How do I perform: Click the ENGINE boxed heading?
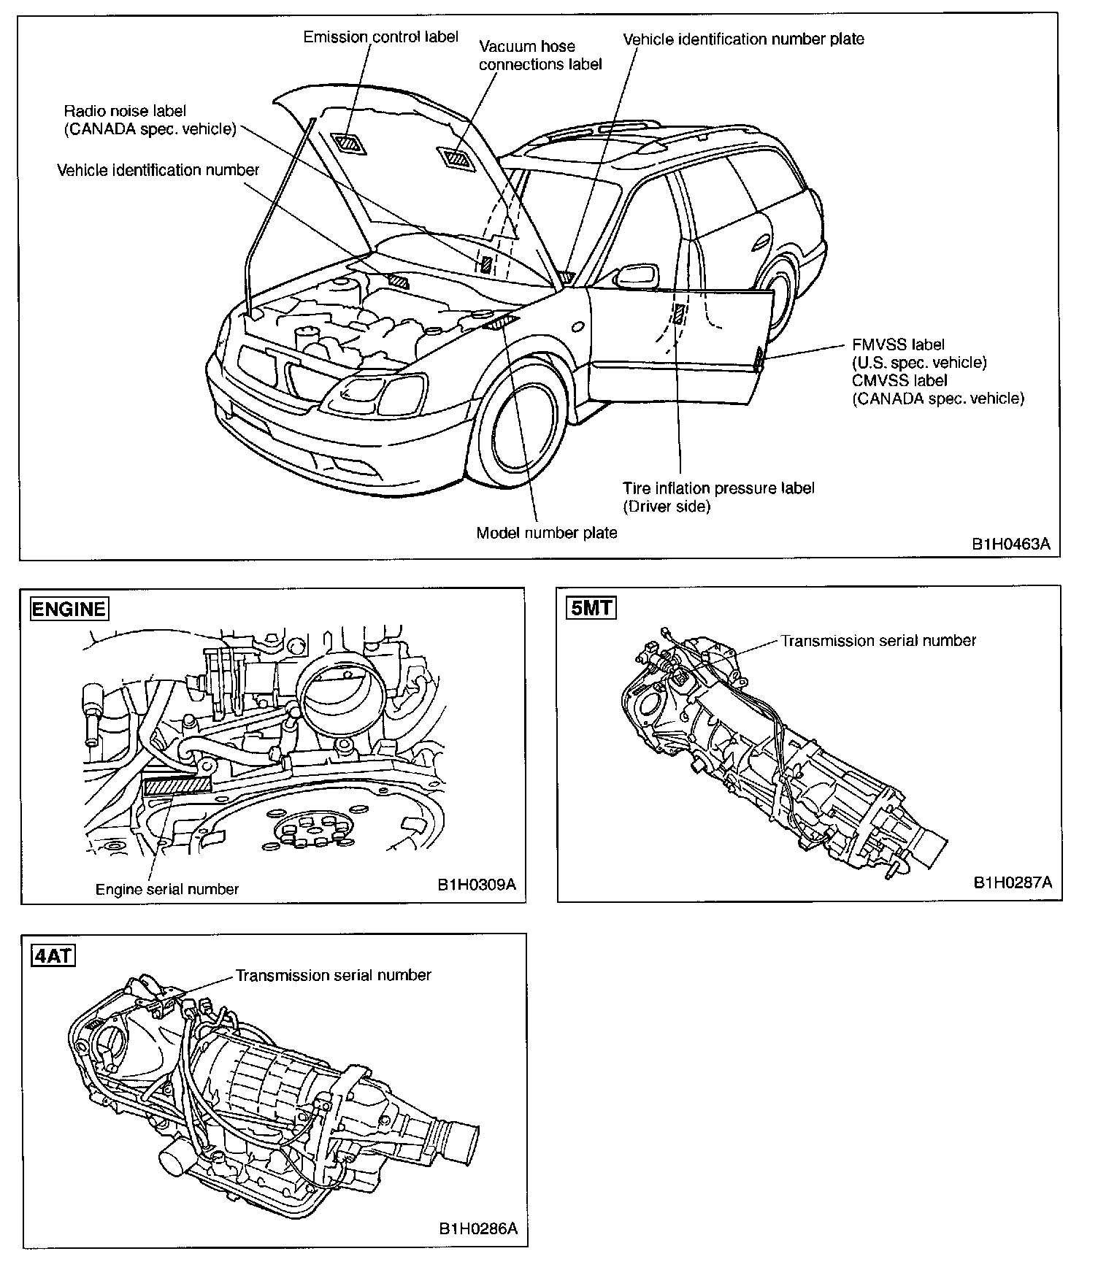tap(69, 609)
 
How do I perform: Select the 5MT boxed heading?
tap(591, 607)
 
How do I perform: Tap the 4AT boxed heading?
tap(54, 955)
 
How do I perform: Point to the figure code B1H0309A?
tap(477, 885)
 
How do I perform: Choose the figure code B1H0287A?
tap(1013, 882)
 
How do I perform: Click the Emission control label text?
tap(381, 36)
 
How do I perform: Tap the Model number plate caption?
tap(546, 533)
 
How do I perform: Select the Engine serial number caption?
tap(167, 889)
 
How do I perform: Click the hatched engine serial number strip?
tap(178, 785)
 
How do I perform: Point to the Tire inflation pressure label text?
tap(718, 488)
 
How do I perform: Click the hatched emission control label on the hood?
tap(348, 143)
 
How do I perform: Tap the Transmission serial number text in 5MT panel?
tap(878, 641)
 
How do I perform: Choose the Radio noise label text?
tap(125, 111)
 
